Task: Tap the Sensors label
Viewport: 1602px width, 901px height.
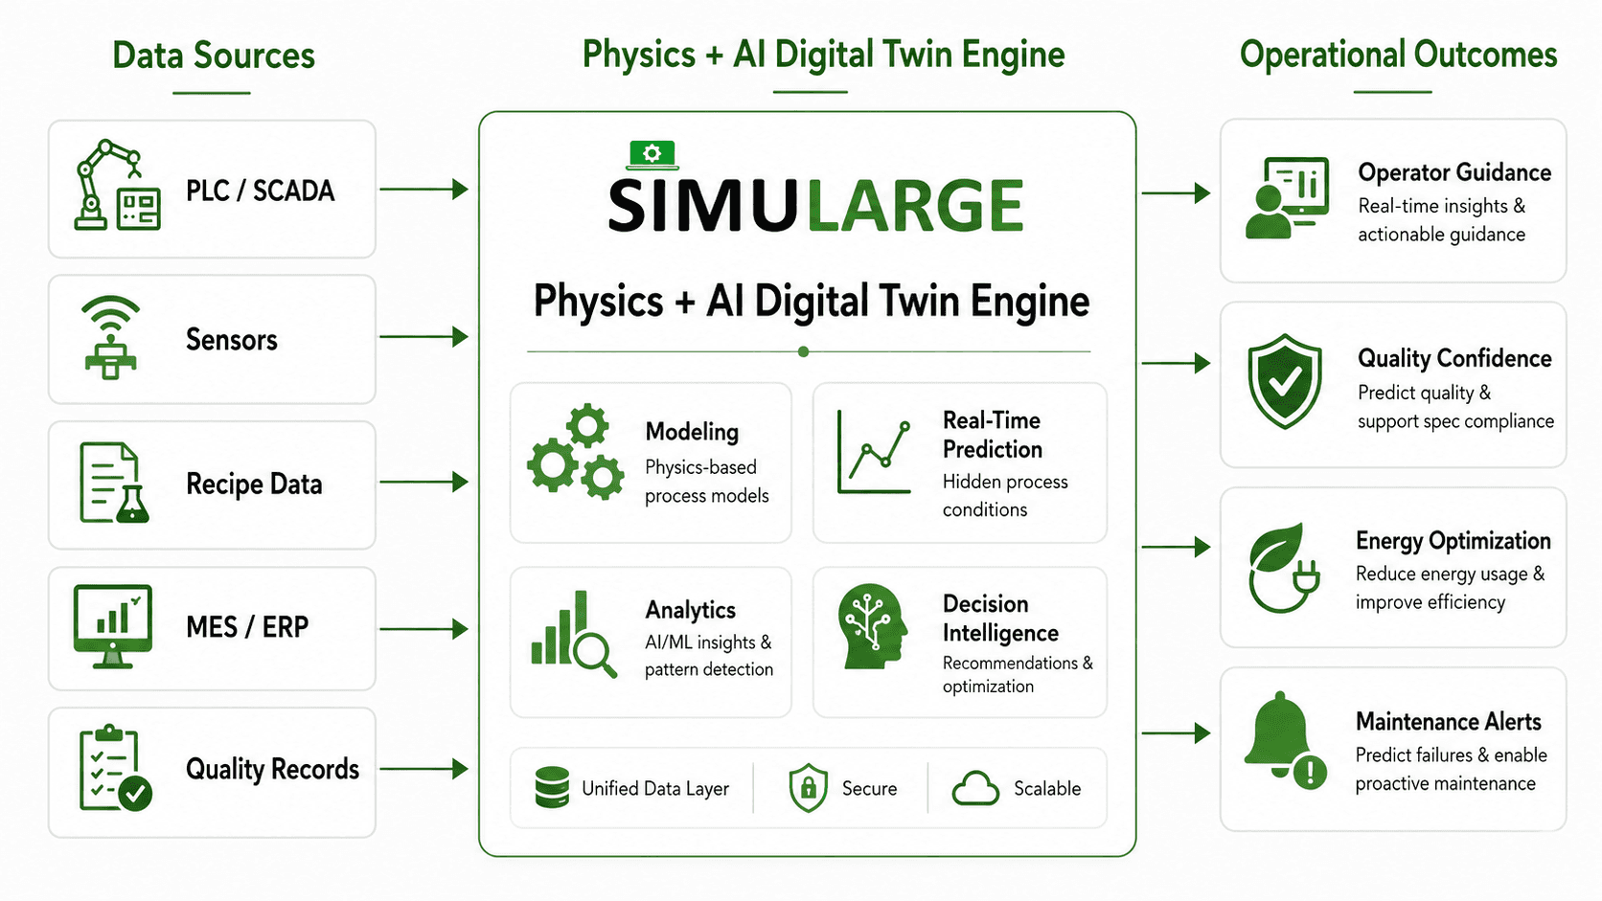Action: click(x=231, y=339)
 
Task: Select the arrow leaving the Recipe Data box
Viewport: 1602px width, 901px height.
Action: click(x=423, y=483)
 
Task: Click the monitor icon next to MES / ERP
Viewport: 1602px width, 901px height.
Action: click(x=113, y=626)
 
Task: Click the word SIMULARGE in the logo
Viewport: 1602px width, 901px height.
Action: click(x=815, y=206)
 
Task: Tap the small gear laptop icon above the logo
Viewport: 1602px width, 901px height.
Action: click(x=652, y=155)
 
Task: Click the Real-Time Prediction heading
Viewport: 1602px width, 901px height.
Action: click(x=992, y=435)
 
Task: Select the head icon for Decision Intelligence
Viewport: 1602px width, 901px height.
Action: click(x=873, y=626)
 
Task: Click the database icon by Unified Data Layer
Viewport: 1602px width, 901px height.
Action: click(x=552, y=787)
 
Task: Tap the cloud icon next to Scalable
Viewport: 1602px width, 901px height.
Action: click(x=975, y=788)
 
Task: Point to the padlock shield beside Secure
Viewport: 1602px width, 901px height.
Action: click(x=808, y=788)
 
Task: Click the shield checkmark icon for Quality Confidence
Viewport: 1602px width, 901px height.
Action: click(x=1285, y=381)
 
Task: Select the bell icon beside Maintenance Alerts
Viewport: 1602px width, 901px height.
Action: click(x=1285, y=739)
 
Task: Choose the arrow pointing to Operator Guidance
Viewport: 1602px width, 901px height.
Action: click(x=1176, y=192)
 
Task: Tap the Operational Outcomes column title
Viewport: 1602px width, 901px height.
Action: click(x=1398, y=55)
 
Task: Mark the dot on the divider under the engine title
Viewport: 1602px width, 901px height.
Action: click(x=804, y=351)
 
